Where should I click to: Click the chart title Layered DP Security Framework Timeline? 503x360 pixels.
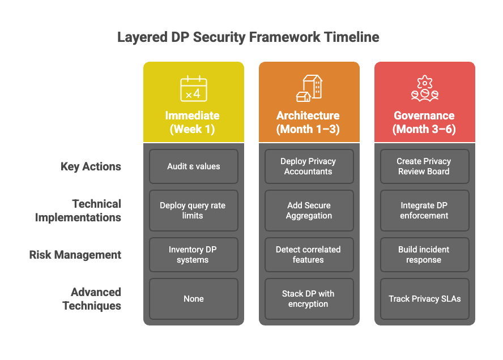click(248, 38)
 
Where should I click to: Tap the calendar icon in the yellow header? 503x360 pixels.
click(194, 89)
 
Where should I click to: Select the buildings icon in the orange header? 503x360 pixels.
click(309, 88)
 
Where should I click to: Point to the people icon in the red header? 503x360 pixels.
click(424, 89)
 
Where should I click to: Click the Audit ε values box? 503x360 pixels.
click(194, 166)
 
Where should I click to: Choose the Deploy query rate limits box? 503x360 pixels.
click(194, 211)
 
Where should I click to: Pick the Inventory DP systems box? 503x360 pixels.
click(194, 255)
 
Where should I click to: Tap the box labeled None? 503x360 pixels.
click(194, 299)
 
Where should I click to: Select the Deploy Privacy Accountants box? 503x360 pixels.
click(309, 166)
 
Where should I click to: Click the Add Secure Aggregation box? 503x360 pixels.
click(309, 211)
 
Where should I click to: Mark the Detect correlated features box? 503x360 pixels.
click(309, 255)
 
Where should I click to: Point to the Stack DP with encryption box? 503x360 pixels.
click(309, 299)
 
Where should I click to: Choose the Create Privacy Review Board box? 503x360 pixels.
click(424, 166)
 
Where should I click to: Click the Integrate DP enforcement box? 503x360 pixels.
click(424, 211)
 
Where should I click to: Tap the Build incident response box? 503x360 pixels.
click(424, 255)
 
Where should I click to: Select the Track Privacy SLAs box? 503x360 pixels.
click(424, 299)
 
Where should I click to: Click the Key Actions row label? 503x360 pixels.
click(91, 167)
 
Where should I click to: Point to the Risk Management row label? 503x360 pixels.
click(75, 255)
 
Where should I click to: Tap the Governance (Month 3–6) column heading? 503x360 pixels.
click(424, 122)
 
